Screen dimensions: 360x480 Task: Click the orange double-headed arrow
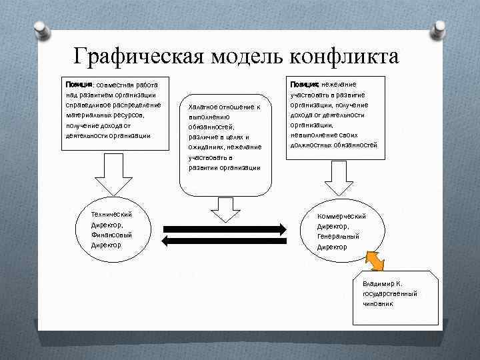pos(375,261)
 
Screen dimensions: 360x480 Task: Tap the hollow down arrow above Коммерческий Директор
pos(339,176)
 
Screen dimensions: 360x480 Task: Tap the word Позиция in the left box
pos(78,85)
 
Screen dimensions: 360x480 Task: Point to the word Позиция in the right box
pos(304,85)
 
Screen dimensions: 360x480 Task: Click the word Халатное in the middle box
pos(207,107)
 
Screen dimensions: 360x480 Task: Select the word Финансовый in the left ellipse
pos(112,235)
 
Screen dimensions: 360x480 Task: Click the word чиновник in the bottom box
pos(378,303)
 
